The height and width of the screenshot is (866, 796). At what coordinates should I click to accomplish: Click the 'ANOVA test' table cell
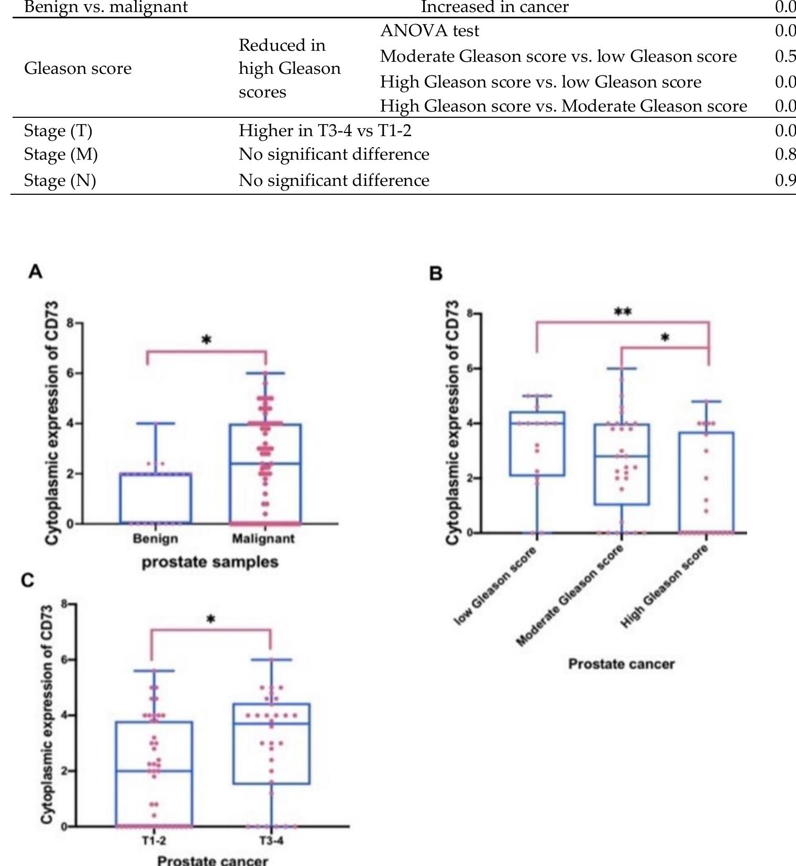click(x=429, y=31)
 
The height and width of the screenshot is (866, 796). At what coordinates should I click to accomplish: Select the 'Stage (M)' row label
click(x=61, y=154)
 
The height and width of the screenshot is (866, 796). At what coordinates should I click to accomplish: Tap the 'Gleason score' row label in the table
click(x=78, y=69)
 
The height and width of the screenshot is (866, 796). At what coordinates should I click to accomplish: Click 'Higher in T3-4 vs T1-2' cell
click(x=325, y=130)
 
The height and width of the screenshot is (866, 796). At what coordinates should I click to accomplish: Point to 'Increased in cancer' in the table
click(x=494, y=7)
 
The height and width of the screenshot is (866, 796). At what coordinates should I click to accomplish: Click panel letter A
click(x=36, y=272)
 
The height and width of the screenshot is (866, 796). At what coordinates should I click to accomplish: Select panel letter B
click(x=436, y=273)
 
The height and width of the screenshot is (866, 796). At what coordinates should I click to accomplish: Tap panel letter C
click(x=28, y=581)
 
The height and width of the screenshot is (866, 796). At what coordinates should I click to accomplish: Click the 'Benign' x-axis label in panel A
click(x=155, y=539)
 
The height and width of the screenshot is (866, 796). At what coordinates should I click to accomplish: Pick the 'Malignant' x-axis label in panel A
click(x=263, y=539)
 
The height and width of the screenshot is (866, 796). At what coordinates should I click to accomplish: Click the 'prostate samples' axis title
click(x=210, y=562)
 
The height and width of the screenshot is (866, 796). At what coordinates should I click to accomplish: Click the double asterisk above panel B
click(x=623, y=312)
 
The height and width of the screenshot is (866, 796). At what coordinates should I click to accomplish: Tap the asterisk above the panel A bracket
click(x=206, y=340)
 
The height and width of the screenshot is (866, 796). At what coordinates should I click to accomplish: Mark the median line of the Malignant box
click(x=265, y=463)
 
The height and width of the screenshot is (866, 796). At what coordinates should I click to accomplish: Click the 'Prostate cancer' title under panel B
click(x=621, y=664)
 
